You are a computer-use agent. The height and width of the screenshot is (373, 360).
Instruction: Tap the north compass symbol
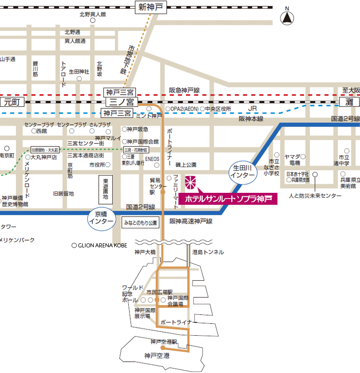click(x=287, y=18)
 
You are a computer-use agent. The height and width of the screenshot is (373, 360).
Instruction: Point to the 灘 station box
click(x=349, y=102)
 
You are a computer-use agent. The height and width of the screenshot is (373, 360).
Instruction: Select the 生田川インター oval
click(x=242, y=171)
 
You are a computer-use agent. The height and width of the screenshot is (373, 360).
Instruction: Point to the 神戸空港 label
click(x=157, y=356)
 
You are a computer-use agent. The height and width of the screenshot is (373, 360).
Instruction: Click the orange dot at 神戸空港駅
click(x=162, y=347)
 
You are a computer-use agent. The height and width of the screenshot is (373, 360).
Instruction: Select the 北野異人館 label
click(x=92, y=15)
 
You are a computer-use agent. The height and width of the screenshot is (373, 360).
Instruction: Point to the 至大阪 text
click(x=351, y=90)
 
